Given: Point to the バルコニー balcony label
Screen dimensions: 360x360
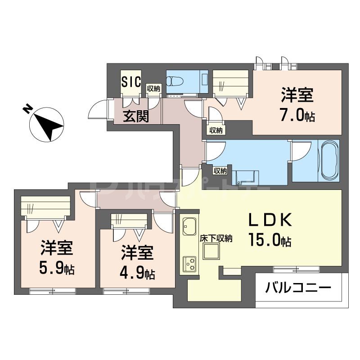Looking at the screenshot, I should [x=298, y=287].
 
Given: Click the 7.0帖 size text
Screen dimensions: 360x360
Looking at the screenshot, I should [x=297, y=116].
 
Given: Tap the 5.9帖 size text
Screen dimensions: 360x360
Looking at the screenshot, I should [x=57, y=269].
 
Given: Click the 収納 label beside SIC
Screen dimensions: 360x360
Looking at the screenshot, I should [x=153, y=89].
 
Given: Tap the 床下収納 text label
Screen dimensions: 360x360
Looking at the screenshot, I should [x=216, y=238].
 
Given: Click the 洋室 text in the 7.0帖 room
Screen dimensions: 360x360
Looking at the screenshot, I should [x=297, y=96].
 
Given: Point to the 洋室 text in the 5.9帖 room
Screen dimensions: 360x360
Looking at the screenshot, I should [x=57, y=248].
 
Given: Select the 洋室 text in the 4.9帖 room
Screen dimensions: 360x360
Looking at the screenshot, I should [x=138, y=253].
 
